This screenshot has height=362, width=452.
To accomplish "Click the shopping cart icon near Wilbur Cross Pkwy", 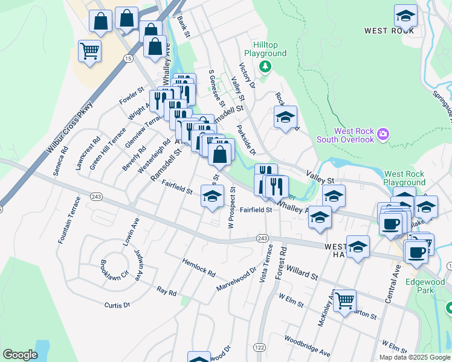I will (x=89, y=51).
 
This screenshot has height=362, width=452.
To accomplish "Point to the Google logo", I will (x=21, y=355).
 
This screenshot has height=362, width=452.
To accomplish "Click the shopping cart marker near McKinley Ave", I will (x=344, y=300).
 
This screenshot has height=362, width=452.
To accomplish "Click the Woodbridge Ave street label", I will (x=307, y=346).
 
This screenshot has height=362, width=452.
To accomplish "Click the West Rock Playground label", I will (x=404, y=178).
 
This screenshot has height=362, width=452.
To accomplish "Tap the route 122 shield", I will (x=260, y=347).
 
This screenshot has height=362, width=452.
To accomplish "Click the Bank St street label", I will (x=184, y=27).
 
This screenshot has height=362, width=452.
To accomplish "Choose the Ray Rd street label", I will (x=166, y=292).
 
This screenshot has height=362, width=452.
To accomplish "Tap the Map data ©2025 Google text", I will (x=414, y=357).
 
